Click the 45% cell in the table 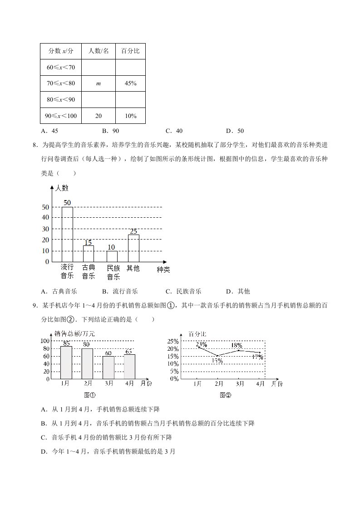coord(130,83)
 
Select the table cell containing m coord(99,83)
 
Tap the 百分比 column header coord(130,51)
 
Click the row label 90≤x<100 coord(61,116)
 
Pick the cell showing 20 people coord(99,116)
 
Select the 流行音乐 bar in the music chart coord(67,234)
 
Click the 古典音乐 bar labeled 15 coord(89,254)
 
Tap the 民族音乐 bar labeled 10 coord(112,256)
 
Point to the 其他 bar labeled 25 coord(133,248)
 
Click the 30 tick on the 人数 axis coord(45,229)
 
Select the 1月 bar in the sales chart coord(66,362)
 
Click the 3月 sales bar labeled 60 coord(108,367)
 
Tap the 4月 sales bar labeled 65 coord(129,367)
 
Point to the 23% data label coord(201,344)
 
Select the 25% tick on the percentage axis coord(173,341)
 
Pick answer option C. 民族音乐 coord(183,291)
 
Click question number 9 coord(35,306)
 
